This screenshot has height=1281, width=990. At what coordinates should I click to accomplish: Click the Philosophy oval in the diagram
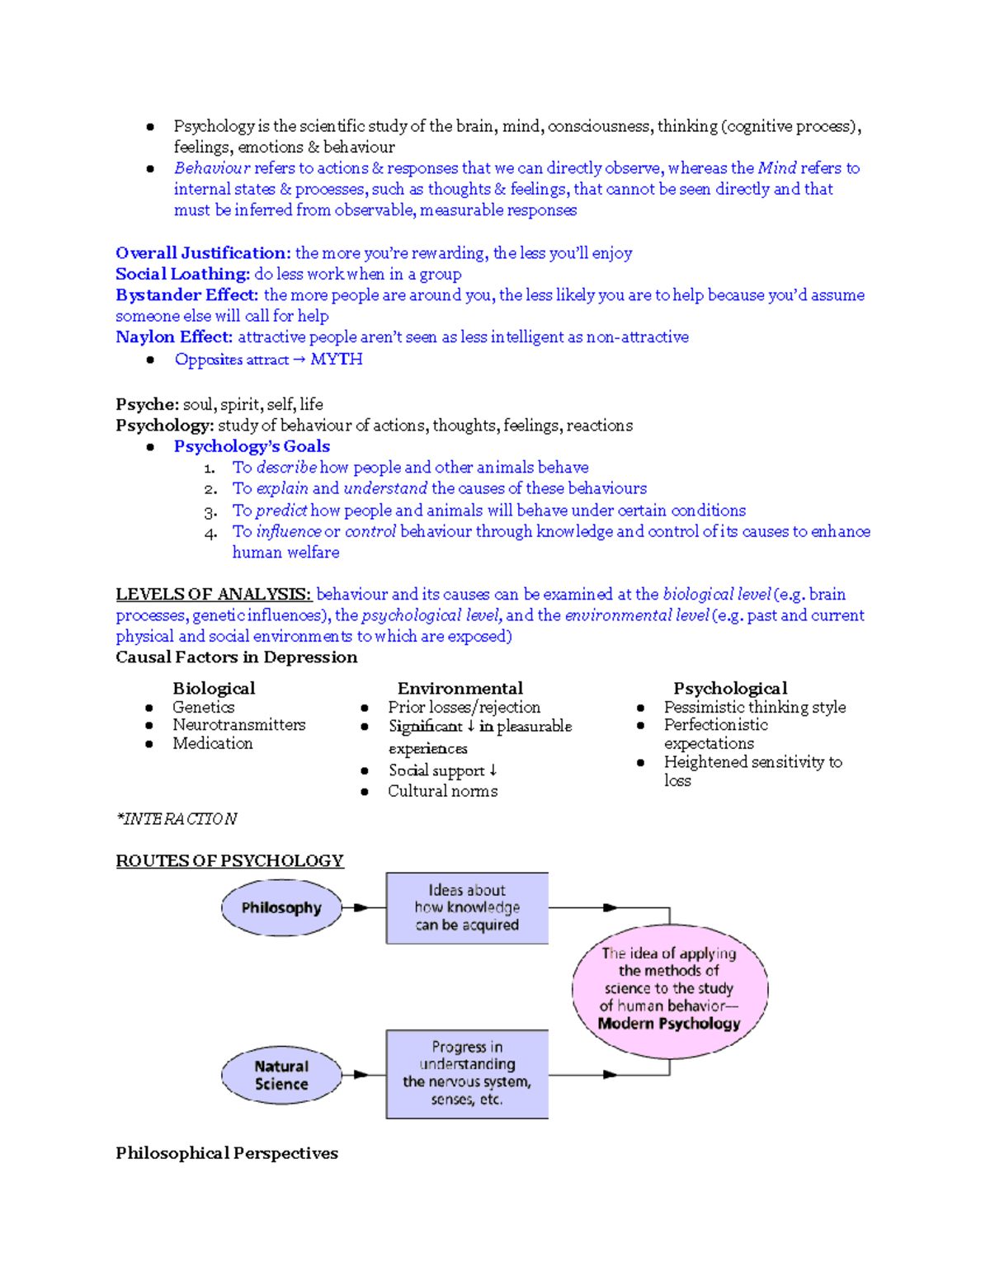pos(281,907)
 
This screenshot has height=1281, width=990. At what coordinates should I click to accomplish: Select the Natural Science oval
pos(281,1076)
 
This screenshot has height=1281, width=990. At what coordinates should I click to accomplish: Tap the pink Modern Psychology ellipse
pos(669,989)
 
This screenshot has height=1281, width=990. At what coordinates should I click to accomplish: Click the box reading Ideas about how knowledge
pos(467,907)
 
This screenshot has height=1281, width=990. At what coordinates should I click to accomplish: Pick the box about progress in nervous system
pos(467,1073)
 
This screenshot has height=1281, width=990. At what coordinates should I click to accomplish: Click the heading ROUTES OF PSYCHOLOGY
pos(229,860)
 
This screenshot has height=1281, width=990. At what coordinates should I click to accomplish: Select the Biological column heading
pos(214,688)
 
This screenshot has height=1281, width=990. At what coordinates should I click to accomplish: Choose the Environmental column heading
pos(460,688)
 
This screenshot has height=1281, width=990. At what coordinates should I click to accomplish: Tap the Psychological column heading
pos(730,688)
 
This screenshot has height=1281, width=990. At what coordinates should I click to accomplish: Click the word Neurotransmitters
pos(238,724)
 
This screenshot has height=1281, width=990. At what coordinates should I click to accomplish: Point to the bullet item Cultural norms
pos(442,791)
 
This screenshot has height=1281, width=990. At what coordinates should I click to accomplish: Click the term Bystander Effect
pos(186,294)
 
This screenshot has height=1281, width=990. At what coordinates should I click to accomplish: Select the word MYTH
pos(336,359)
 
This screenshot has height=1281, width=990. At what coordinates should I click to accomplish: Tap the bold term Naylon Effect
pos(173,337)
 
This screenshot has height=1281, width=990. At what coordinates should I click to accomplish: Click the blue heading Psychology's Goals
pos(252,446)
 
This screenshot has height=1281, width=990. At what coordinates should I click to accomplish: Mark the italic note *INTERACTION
pos(177,818)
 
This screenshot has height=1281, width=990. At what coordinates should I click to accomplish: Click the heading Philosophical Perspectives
pos(227,1152)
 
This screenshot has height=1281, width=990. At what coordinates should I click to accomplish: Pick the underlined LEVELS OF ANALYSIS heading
pos(213,594)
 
